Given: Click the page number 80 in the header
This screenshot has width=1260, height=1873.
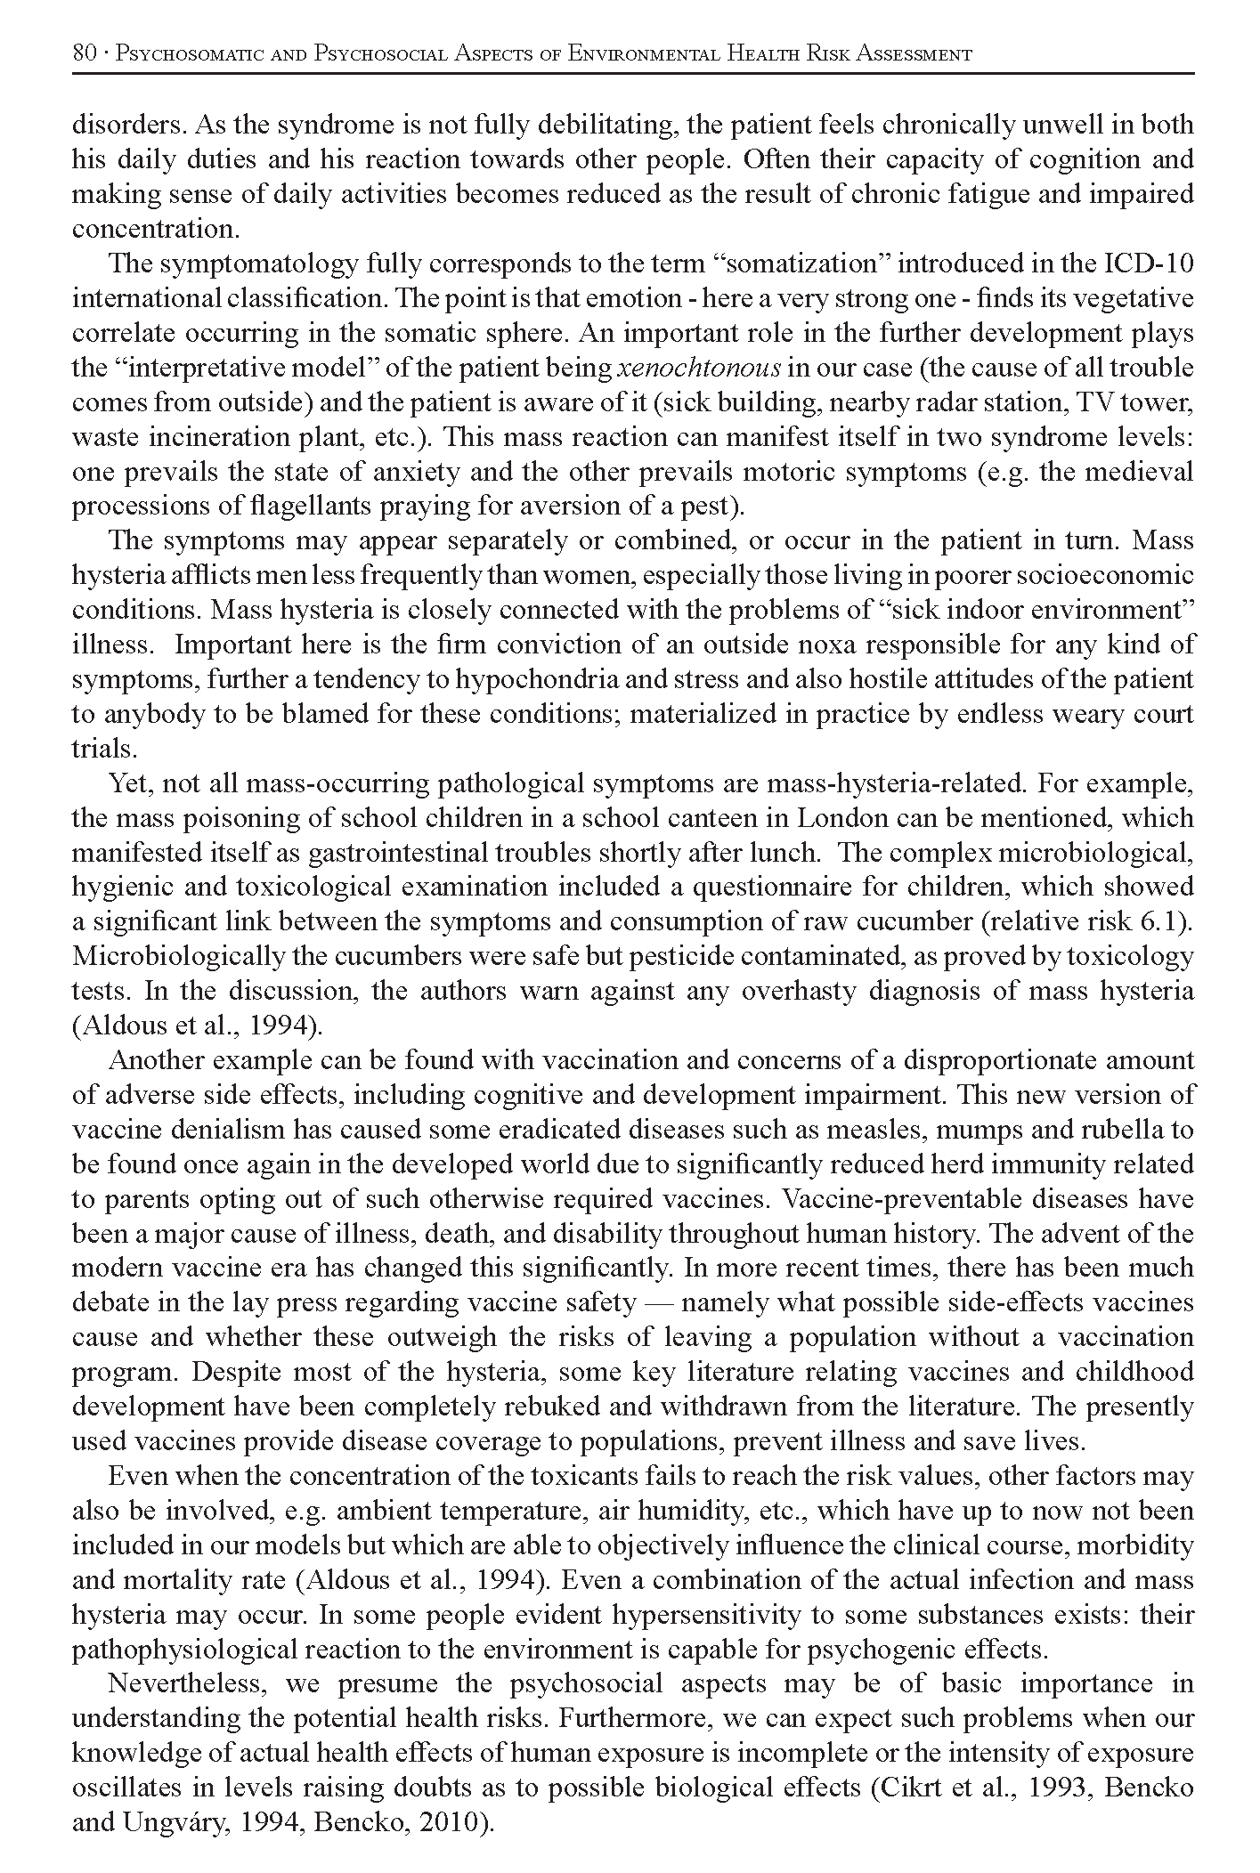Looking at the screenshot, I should pyautogui.click(x=84, y=54).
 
